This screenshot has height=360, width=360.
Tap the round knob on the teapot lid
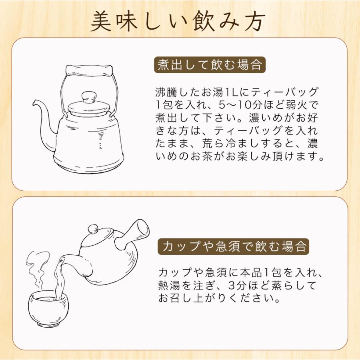tap(93, 229)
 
